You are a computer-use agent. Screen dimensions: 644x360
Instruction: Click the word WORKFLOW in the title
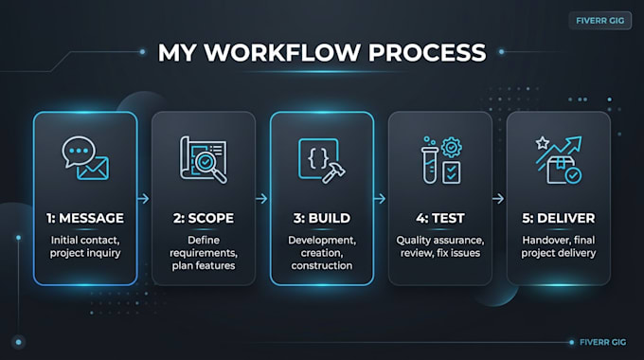[x=282, y=53]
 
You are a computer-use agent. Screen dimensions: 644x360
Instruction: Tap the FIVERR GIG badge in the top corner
[x=600, y=21]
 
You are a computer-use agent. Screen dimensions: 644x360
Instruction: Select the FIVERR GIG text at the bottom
[x=602, y=342]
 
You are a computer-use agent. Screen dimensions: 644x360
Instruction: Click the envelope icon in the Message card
[x=93, y=169]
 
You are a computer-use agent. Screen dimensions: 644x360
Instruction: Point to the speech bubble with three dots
[x=79, y=151]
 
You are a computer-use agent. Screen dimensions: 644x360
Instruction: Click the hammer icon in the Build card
[x=332, y=171]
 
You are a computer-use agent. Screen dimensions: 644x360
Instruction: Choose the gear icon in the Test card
[x=452, y=147]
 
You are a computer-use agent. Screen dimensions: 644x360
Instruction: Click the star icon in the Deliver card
[x=542, y=143]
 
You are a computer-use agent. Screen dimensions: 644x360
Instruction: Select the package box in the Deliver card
[x=560, y=171]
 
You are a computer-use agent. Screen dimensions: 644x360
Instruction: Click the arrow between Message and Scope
[x=143, y=199]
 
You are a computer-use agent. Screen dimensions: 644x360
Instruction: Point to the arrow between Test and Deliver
[x=498, y=199]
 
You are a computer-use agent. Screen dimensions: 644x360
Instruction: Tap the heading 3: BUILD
[x=322, y=218]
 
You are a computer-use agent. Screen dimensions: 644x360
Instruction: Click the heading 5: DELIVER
[x=558, y=218]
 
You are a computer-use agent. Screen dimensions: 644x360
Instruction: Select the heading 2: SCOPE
[x=204, y=218]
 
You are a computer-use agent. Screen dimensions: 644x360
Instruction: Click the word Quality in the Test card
[x=411, y=241]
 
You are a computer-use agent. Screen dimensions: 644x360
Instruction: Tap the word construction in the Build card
[x=322, y=266]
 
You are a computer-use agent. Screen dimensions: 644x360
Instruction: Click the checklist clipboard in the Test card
[x=452, y=172]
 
